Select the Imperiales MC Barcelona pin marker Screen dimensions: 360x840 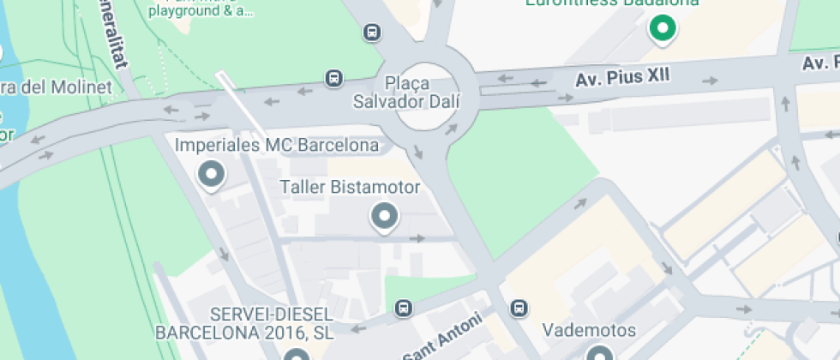211,174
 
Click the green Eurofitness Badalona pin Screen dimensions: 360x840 662,28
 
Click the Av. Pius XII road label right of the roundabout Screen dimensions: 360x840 622,77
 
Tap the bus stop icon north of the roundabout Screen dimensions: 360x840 372,33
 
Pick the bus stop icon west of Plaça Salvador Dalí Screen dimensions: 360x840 333,79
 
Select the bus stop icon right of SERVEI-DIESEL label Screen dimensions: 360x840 403,308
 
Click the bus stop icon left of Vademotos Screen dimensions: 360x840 518,308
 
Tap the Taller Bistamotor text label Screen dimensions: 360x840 351,187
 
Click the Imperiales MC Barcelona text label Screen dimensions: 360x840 277,145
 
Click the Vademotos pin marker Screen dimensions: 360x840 600,352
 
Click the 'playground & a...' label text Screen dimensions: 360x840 201,11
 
